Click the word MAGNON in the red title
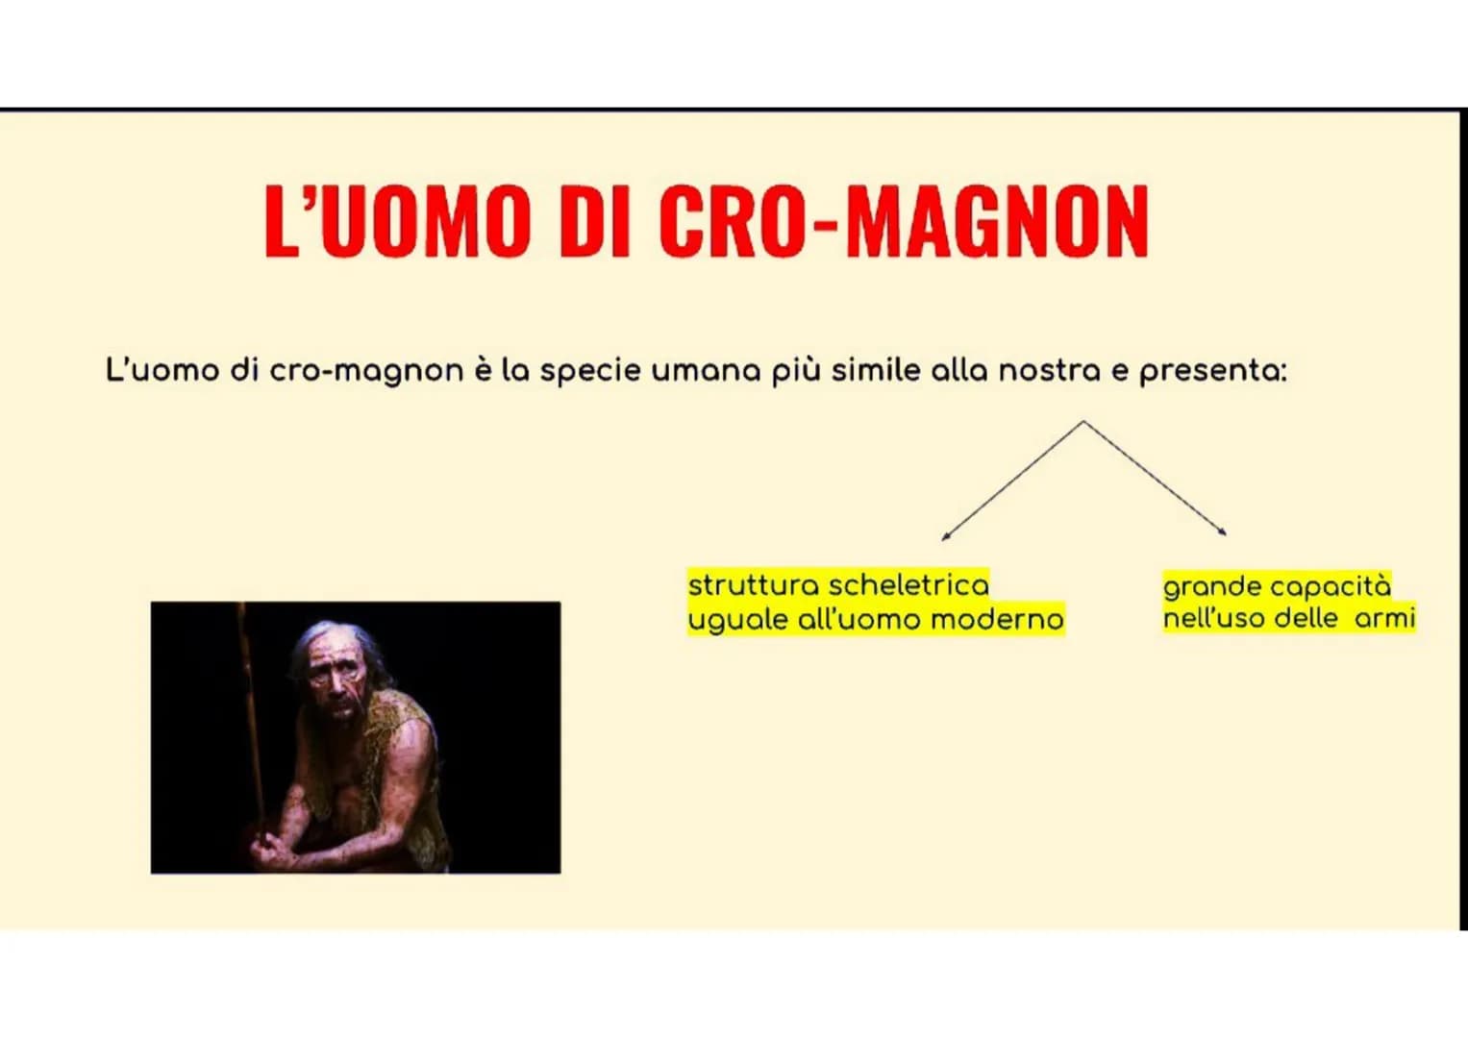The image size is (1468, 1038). (998, 221)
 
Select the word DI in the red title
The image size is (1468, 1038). (594, 221)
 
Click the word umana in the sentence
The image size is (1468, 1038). (706, 372)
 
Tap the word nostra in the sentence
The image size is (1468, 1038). (1050, 371)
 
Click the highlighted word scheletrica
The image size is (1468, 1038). (909, 585)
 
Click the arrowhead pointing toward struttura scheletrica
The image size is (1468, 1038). (944, 536)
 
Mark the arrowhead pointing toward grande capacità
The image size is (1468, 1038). (1223, 532)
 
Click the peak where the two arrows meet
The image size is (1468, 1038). (1083, 421)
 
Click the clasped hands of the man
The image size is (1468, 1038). (274, 852)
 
